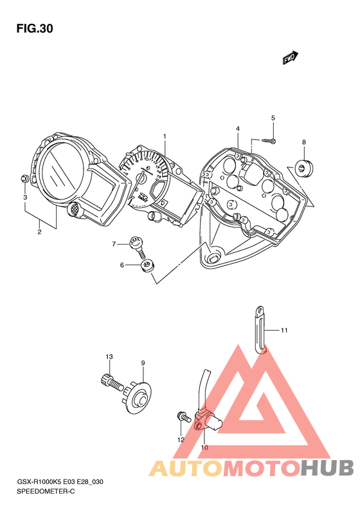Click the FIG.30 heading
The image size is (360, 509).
[x=35, y=29]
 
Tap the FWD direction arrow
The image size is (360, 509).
[x=291, y=58]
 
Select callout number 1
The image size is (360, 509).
[x=165, y=136]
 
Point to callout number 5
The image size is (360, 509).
[x=273, y=118]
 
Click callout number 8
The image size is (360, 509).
[x=304, y=142]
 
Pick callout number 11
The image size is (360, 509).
[x=284, y=331]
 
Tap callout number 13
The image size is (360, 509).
[x=109, y=356]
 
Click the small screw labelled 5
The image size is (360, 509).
[x=269, y=140]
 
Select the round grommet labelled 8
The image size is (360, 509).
[x=304, y=168]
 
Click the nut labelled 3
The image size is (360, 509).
[x=24, y=178]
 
